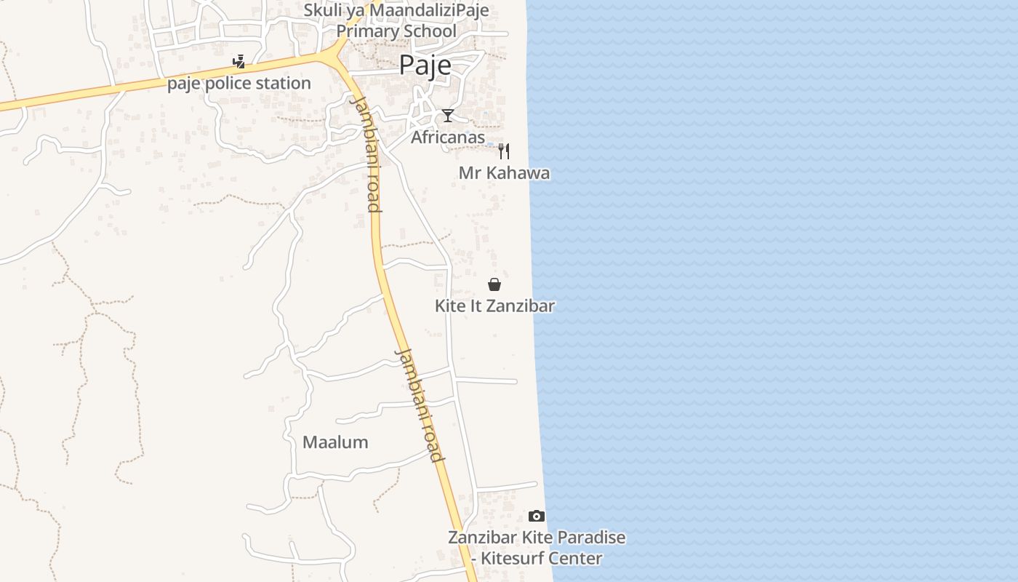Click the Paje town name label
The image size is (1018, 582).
tap(425, 65)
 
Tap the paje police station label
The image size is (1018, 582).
tap(239, 83)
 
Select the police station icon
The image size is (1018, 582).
tap(239, 62)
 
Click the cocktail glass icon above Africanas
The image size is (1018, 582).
tap(448, 116)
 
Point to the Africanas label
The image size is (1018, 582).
tap(448, 137)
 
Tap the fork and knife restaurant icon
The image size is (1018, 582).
tap(503, 151)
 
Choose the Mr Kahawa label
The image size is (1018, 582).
tap(504, 173)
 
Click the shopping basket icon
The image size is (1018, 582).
tap(494, 284)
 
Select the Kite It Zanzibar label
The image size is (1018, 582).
tap(494, 306)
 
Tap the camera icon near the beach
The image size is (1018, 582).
tap(537, 516)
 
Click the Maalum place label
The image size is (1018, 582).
tap(335, 442)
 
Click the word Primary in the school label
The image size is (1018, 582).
tap(365, 31)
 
